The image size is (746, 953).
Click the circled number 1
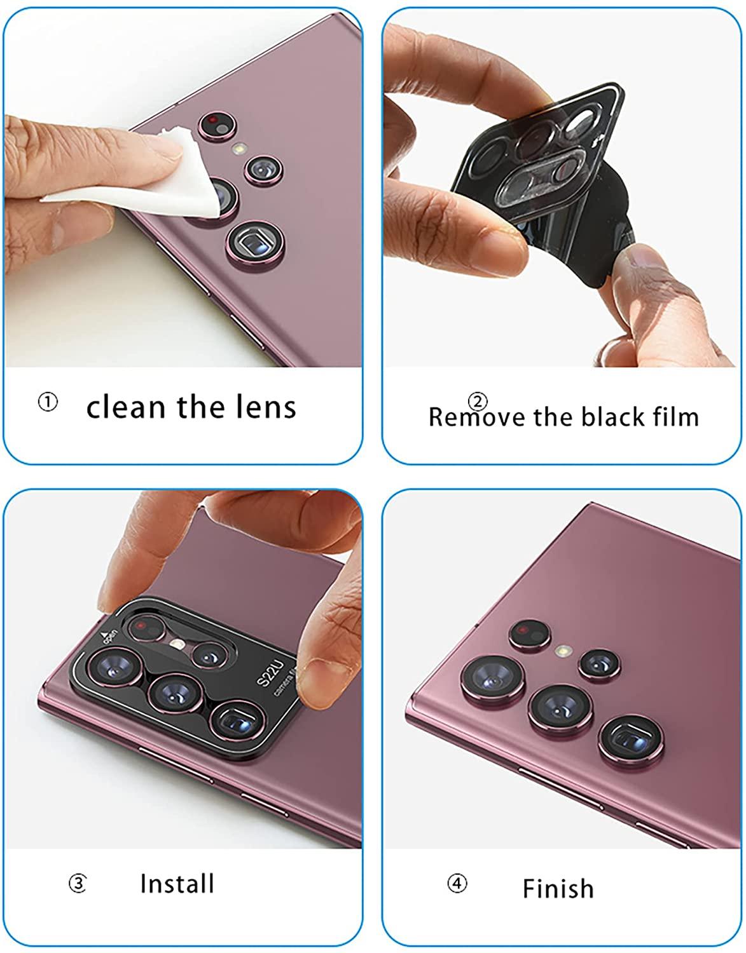coord(48,402)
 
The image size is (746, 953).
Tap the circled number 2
coord(478,401)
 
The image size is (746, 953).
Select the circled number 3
coord(78,883)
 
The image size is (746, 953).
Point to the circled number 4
coord(457,883)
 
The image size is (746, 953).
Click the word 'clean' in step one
coord(126,407)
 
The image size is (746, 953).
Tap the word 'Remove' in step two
coord(476,417)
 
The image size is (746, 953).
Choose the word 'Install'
coord(177,883)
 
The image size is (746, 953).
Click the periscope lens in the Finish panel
coord(631,741)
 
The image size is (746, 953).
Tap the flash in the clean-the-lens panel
coord(239,148)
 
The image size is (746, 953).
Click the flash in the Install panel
coord(177,644)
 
